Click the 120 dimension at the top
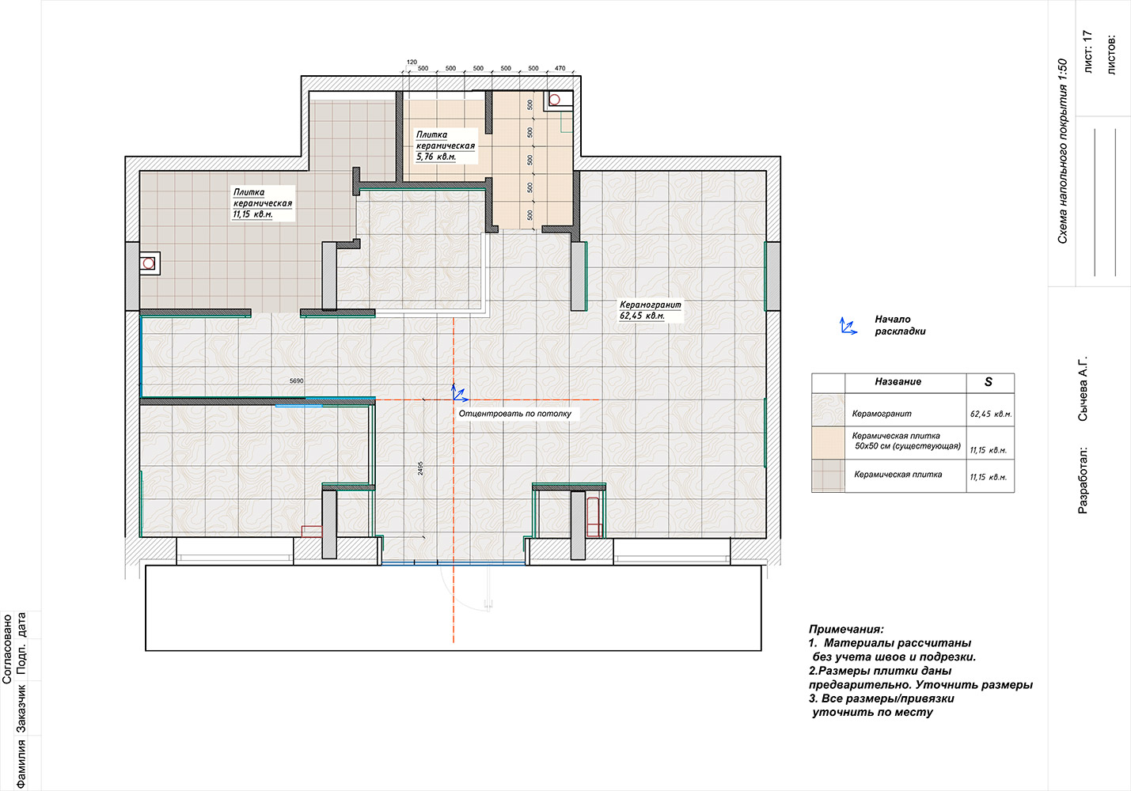pos(412,62)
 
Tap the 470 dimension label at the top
pos(560,68)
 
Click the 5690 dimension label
pos(296,381)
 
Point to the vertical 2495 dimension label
pos(420,468)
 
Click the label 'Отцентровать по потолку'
pos(515,414)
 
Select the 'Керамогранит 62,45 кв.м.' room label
pos(651,310)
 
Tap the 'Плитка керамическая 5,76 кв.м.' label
pos(446,146)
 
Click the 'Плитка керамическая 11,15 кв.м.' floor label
pos(263,203)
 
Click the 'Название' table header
pos(898,382)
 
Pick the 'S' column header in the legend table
pos(988,382)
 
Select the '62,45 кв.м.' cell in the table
pos(991,414)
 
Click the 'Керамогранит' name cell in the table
pos(882,414)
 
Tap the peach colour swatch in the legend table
pos(828,443)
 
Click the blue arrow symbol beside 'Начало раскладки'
pos(848,326)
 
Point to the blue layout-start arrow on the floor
pos(459,393)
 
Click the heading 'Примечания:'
pos(846,629)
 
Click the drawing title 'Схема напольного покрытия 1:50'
pos(1062,151)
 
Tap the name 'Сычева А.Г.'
pos(1083,388)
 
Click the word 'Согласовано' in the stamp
pos(7,649)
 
